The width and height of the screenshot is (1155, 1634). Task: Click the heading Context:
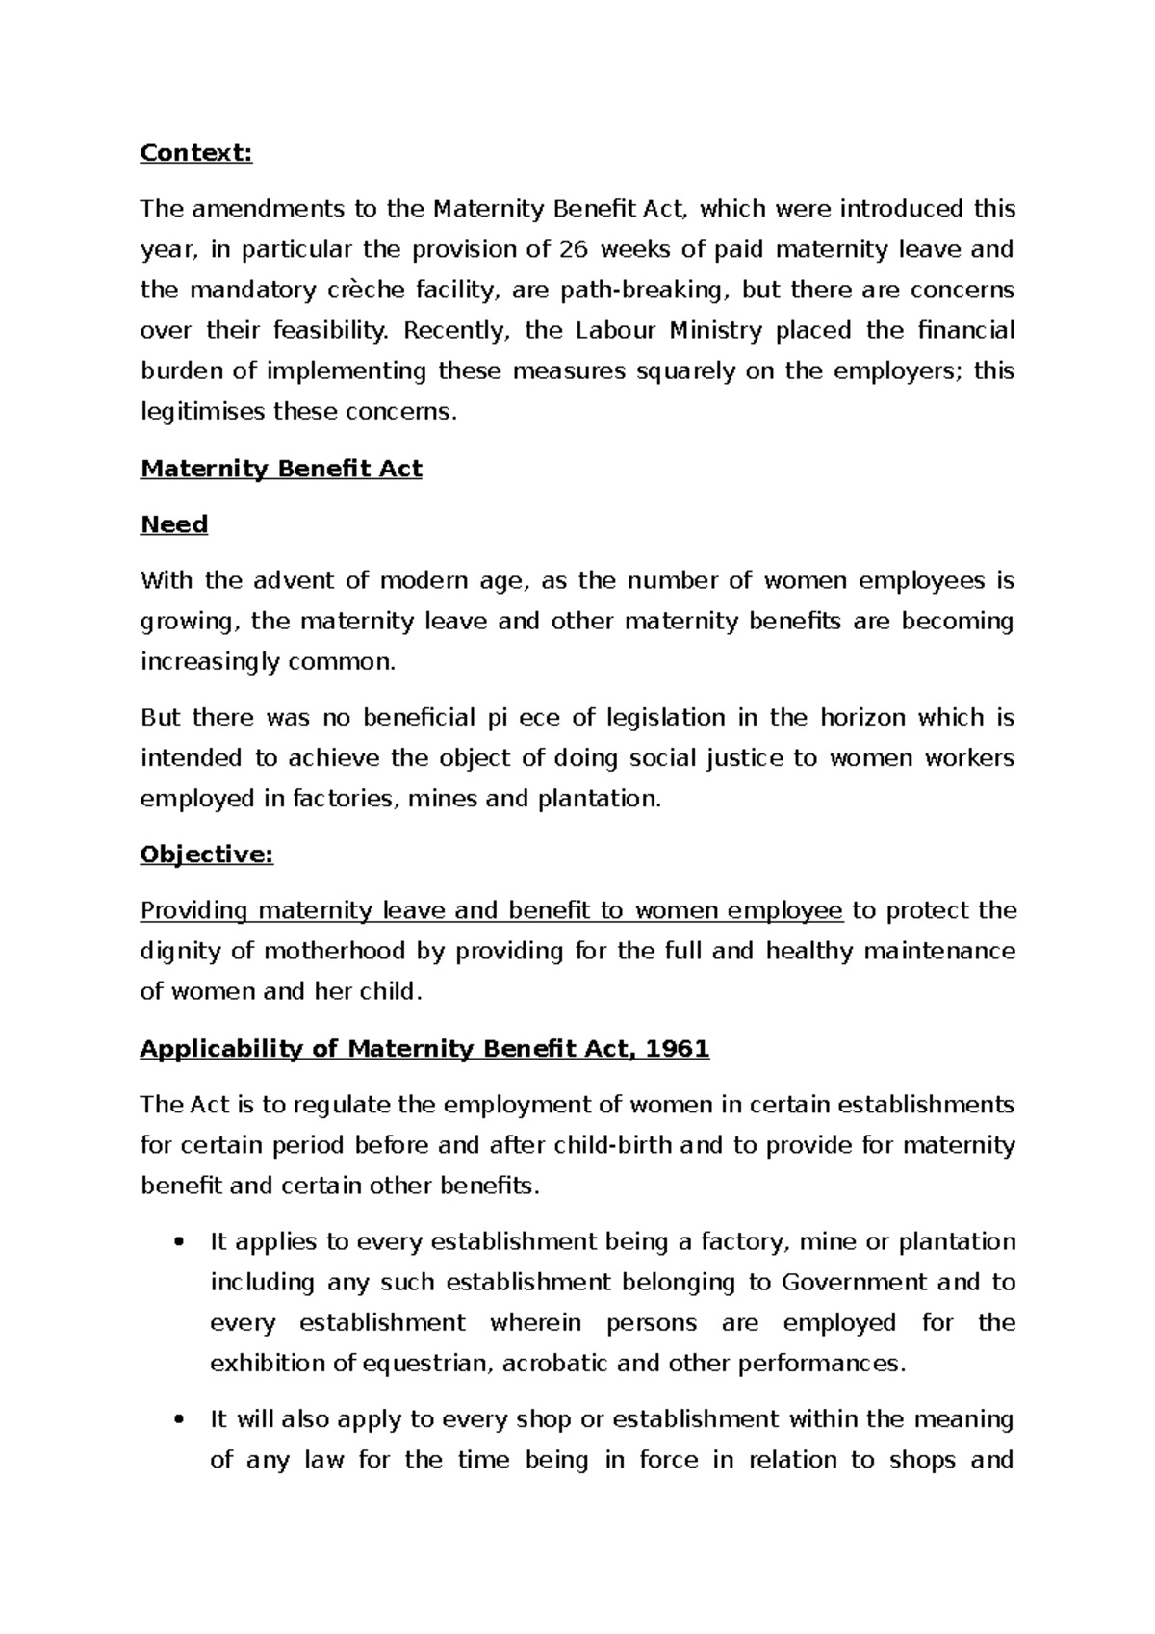point(196,153)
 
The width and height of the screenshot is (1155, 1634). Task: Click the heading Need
point(174,524)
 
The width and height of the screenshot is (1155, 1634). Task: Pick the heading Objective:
point(207,855)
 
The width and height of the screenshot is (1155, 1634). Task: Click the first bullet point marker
point(175,1243)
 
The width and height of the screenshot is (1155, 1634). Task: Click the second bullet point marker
point(175,1420)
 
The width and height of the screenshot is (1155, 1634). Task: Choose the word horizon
point(862,718)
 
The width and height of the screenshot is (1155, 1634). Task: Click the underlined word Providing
point(194,911)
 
